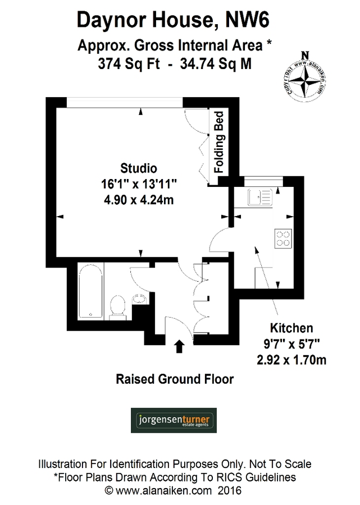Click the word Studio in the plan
(x=139, y=168)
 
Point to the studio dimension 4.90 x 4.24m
(x=139, y=200)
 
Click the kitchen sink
(x=259, y=197)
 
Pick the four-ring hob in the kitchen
(x=283, y=239)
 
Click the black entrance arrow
(x=180, y=346)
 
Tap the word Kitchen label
(x=291, y=328)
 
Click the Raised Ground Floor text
(x=175, y=379)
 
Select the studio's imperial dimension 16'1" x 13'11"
(x=139, y=183)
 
